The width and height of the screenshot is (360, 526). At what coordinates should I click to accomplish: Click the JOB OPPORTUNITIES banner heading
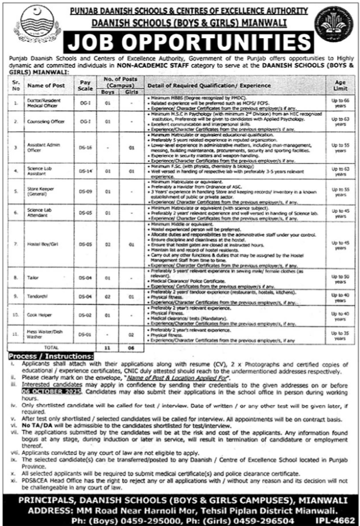coord(181,43)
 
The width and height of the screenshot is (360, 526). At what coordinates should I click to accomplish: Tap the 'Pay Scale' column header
coord(86,86)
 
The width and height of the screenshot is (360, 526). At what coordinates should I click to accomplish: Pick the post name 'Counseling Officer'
coord(41,121)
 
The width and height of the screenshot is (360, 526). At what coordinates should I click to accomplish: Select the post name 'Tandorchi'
coord(36,297)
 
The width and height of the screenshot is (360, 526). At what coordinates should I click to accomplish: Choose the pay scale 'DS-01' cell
coord(86,334)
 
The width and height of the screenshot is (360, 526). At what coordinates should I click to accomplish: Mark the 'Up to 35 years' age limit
coord(338,334)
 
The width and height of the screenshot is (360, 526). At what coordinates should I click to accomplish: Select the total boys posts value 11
coord(108,347)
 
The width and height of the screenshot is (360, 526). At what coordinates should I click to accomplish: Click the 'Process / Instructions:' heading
coord(50,355)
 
